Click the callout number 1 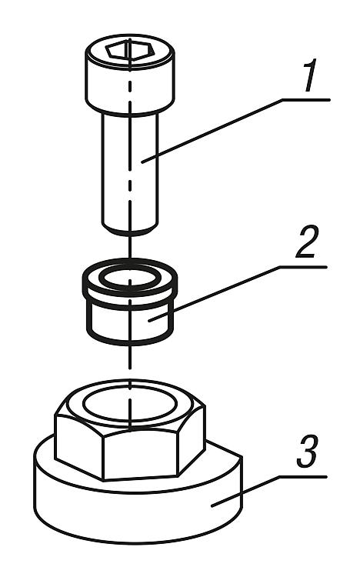pyautogui.click(x=310, y=77)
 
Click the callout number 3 pyautogui.click(x=307, y=452)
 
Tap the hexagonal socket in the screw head pyautogui.click(x=130, y=50)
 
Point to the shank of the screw pyautogui.click(x=130, y=169)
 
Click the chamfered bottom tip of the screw pyautogui.click(x=130, y=229)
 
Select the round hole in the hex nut pyautogui.click(x=130, y=404)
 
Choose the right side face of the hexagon pyautogui.click(x=192, y=438)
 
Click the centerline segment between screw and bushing pyautogui.click(x=130, y=247)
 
